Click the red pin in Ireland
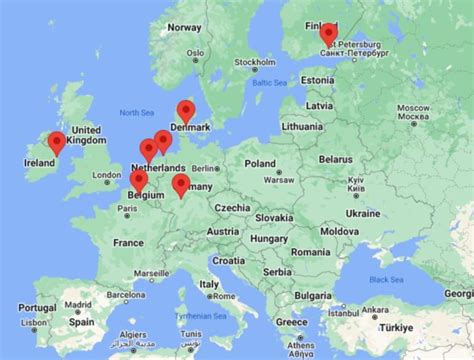57,143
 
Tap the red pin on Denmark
185,111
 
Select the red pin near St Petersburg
328,34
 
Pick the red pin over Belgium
139,180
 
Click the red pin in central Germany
181,184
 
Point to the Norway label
185,27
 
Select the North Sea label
136,112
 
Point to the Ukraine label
362,213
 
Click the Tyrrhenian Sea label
197,315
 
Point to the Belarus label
339,158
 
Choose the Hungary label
267,239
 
